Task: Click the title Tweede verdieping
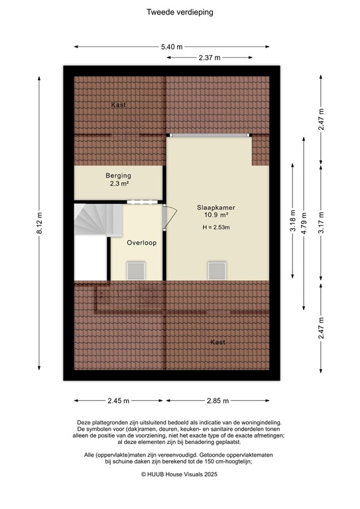click(x=180, y=12)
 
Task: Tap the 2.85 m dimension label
click(x=218, y=401)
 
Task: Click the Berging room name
click(x=119, y=176)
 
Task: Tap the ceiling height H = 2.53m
click(x=216, y=228)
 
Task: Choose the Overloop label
click(x=142, y=243)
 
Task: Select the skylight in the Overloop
click(x=137, y=270)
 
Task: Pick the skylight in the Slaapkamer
click(x=217, y=270)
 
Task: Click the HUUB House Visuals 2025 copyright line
click(x=180, y=475)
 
